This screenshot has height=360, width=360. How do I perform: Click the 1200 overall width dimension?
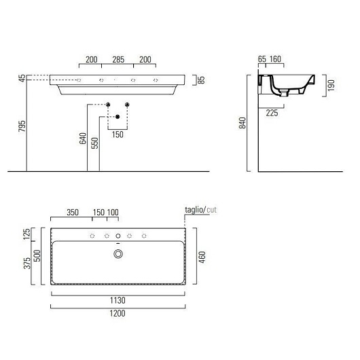point(118,313)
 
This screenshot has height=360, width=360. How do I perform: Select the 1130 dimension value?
point(118,300)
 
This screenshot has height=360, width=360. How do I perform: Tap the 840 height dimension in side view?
point(242,123)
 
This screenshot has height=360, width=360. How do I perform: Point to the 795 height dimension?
point(22,126)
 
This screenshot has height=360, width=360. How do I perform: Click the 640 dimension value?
point(83,139)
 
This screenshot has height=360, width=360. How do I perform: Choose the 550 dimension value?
point(94,143)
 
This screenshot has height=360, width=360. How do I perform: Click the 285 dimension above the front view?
point(118,60)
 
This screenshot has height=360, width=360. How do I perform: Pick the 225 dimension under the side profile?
point(272,113)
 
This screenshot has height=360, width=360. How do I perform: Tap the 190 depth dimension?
point(331,86)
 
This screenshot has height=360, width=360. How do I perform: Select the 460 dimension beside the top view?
point(202,257)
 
